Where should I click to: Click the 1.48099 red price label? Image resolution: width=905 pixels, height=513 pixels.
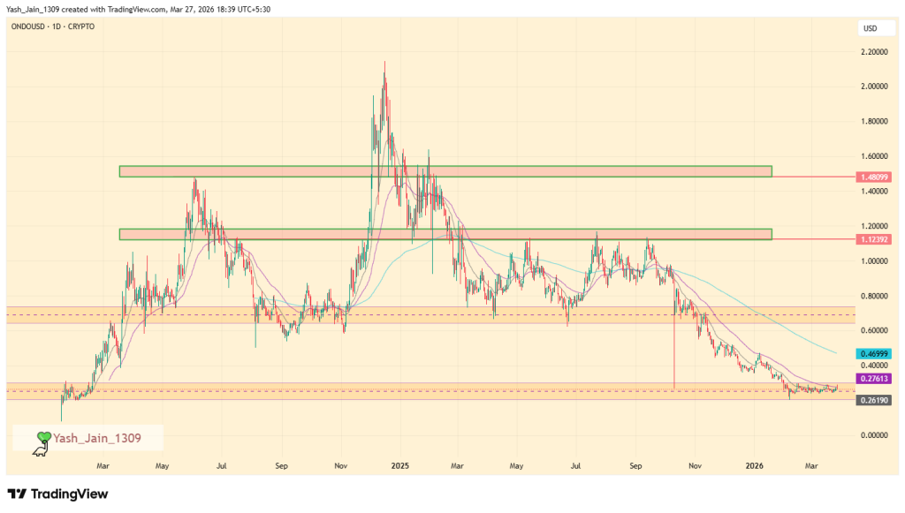[872, 177]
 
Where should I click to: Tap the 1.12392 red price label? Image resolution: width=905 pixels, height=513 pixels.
[872, 239]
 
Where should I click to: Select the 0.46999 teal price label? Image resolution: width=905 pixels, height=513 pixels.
[872, 353]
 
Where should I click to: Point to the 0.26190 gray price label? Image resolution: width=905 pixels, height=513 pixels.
[872, 400]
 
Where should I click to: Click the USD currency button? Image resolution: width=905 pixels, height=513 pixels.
[869, 29]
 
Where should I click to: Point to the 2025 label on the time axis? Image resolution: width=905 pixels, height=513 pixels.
[399, 464]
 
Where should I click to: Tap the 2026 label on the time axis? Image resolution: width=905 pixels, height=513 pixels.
[754, 464]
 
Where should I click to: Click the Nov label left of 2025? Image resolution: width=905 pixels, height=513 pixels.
[340, 464]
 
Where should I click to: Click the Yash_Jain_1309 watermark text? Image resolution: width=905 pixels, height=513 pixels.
[96, 438]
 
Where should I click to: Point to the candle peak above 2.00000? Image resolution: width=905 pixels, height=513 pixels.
[384, 63]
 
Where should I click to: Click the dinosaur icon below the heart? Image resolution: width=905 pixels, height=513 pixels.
[40, 451]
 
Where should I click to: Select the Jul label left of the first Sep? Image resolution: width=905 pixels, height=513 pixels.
[222, 464]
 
